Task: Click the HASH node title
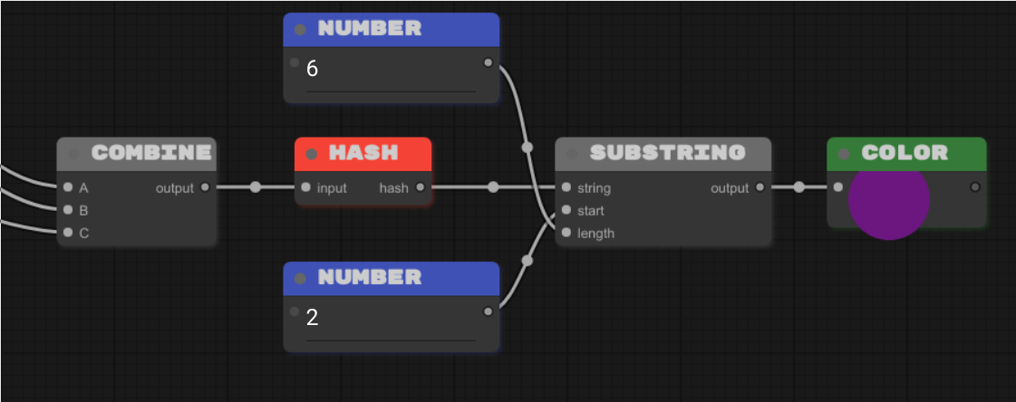point(363,153)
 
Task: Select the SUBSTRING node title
point(667,153)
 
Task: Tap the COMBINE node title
point(150,153)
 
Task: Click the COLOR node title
point(904,153)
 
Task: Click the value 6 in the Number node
point(313,70)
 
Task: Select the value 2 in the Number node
point(313,318)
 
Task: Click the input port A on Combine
point(68,188)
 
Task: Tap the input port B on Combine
point(68,210)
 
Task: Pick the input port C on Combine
point(68,233)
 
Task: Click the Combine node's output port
point(205,188)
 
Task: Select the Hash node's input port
point(305,188)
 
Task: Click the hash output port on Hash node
point(420,188)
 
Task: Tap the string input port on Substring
point(566,188)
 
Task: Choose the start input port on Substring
point(566,210)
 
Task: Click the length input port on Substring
point(566,233)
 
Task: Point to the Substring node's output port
point(760,188)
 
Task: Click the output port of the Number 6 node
point(489,62)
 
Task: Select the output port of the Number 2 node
point(489,311)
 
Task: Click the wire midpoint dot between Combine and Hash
point(255,187)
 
